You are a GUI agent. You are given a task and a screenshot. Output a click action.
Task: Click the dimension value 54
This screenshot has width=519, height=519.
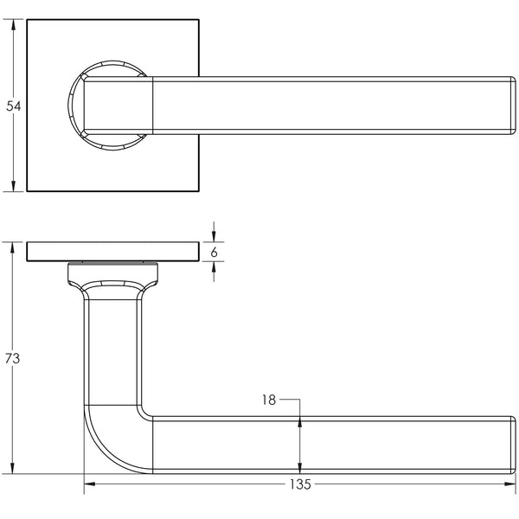click(x=13, y=106)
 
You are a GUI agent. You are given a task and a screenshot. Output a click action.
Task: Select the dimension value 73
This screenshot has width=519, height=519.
click(x=13, y=358)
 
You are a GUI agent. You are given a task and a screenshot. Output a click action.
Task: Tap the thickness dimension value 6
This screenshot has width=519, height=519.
click(x=214, y=252)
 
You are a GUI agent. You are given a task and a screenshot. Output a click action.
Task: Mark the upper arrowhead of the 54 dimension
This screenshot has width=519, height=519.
click(x=13, y=25)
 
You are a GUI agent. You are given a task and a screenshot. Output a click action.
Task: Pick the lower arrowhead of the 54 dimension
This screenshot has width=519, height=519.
click(x=13, y=185)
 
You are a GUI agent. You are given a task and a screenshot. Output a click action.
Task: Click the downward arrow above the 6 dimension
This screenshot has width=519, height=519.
click(x=214, y=236)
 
